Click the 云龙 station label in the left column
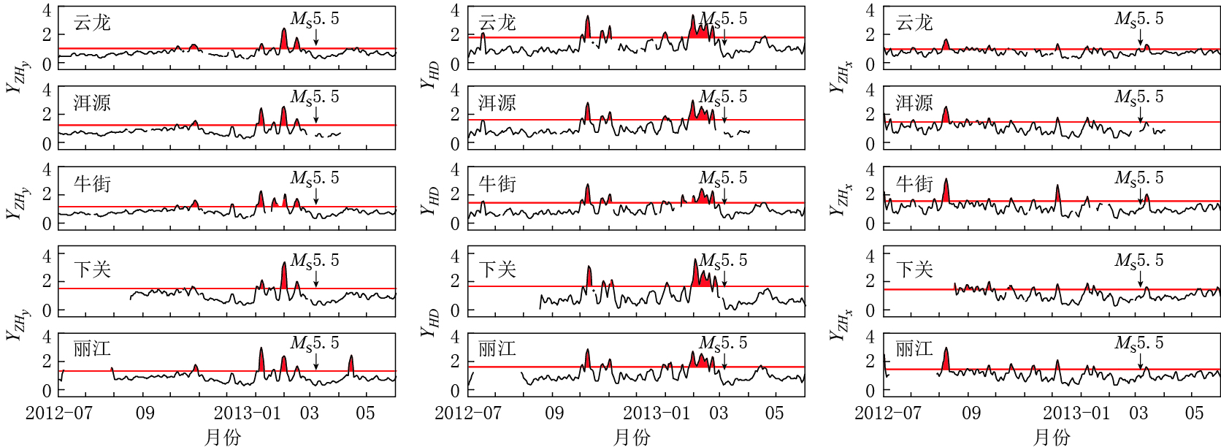pos(92,23)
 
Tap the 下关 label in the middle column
pos(497,270)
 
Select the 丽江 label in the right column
pos(914,348)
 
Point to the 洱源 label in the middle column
pos(497,103)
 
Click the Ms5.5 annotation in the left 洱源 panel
pos(315,97)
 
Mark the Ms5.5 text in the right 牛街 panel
pos(1139,178)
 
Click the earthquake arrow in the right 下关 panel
pos(1140,278)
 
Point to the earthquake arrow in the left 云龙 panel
pos(315,37)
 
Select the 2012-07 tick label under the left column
pos(59,413)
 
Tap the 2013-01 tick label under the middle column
pos(657,413)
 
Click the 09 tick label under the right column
pos(971,413)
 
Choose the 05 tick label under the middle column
pos(774,413)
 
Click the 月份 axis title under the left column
pos(223,437)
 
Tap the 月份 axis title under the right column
pos(1052,437)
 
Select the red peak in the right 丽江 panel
pos(946,359)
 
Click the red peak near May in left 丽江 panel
pos(351,363)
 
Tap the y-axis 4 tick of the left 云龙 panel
pos(47,11)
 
